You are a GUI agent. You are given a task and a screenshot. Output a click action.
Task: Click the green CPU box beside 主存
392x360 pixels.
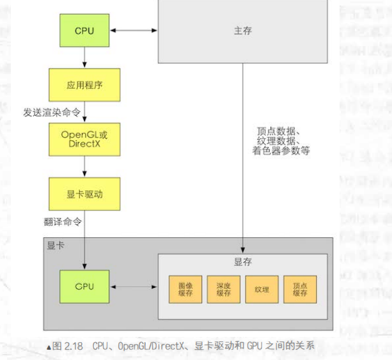(x=84, y=31)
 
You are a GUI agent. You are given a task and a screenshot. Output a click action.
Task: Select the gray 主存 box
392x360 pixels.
(x=243, y=31)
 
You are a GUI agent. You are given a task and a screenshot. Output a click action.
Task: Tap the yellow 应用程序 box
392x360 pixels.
(x=84, y=84)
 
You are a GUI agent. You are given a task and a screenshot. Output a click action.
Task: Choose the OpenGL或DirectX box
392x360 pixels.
(x=84, y=139)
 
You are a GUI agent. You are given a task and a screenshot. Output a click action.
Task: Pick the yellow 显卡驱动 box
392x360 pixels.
(x=84, y=194)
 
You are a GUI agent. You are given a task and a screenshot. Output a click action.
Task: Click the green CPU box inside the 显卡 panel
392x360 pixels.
(x=84, y=286)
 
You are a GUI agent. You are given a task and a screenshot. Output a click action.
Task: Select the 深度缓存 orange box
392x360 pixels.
(x=223, y=290)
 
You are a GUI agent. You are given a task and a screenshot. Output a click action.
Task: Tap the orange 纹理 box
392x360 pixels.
(x=262, y=290)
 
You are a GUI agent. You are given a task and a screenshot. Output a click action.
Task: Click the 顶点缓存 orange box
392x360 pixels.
(x=300, y=290)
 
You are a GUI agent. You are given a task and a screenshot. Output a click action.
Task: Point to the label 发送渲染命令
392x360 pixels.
(x=52, y=112)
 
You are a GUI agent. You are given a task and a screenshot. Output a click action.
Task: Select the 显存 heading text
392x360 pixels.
(x=243, y=262)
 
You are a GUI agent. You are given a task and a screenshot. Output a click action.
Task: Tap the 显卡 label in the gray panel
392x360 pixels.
(x=56, y=245)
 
